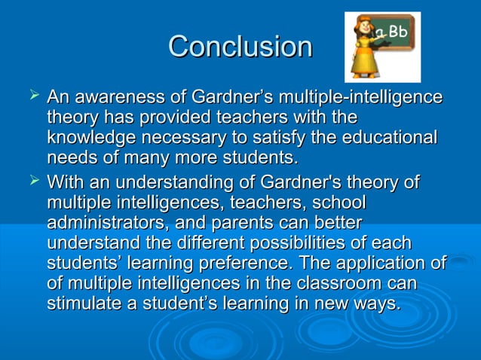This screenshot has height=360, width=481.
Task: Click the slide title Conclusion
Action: (x=240, y=47)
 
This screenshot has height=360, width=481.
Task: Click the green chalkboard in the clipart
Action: (x=396, y=38)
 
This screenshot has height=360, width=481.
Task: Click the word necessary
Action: (x=191, y=139)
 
